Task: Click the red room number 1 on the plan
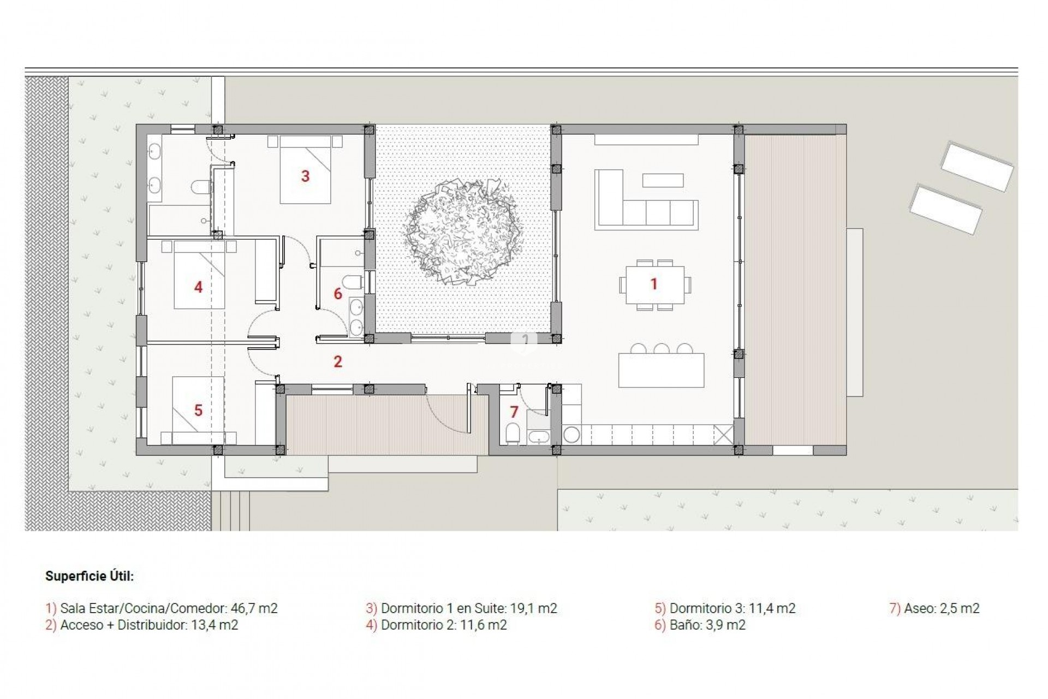(653, 284)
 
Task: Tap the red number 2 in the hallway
(338, 362)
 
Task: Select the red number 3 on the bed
(306, 176)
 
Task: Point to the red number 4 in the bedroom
(198, 287)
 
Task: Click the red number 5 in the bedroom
(198, 411)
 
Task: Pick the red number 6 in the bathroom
(338, 294)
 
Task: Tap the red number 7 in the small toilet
(514, 412)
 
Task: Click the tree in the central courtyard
(462, 232)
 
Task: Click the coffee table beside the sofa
(663, 180)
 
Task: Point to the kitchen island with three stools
(661, 370)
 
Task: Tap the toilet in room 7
(513, 434)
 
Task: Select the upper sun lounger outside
(976, 167)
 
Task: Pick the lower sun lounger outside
(945, 210)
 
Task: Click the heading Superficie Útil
(90, 576)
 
